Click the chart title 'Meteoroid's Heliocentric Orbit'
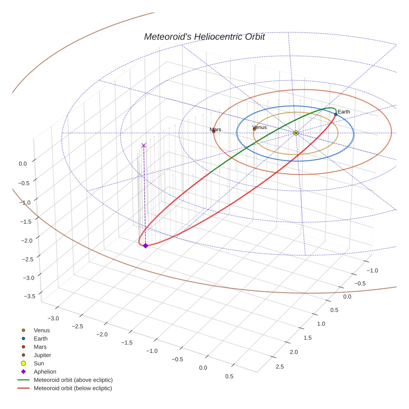click(x=204, y=37)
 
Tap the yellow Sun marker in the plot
click(x=296, y=133)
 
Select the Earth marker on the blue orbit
click(x=335, y=114)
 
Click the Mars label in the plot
click(x=215, y=130)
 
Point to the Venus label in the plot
click(x=259, y=127)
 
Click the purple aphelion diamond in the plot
click(x=145, y=246)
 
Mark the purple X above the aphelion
click(x=144, y=145)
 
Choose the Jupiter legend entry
click(x=42, y=355)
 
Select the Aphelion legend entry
click(x=44, y=372)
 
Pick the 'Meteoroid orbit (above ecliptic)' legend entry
click(x=73, y=380)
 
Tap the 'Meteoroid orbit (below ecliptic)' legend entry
click(x=73, y=388)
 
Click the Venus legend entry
click(x=42, y=330)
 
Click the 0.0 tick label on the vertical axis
click(x=22, y=164)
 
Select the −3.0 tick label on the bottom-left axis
click(x=53, y=318)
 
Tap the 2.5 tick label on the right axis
click(x=280, y=366)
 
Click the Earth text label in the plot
click(x=344, y=112)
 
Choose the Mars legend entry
click(x=40, y=347)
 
